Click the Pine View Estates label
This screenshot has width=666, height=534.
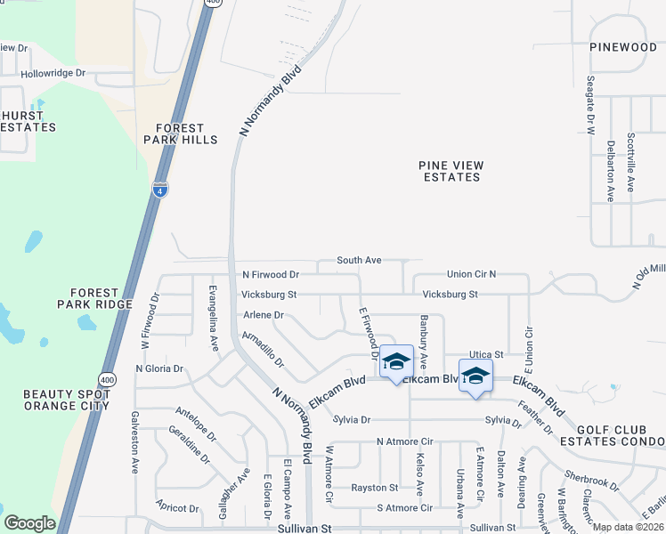451,171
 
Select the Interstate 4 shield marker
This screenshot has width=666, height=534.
159,190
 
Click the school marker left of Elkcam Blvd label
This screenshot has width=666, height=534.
396,361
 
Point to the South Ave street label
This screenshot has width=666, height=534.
359,261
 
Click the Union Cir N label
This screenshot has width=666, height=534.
471,274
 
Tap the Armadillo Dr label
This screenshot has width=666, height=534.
263,349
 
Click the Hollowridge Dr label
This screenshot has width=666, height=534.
53,74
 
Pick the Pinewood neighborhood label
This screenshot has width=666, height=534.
622,46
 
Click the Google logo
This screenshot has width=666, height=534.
29,523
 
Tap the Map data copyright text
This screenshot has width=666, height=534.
628,527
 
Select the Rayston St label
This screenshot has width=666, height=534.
374,488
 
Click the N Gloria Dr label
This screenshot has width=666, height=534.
158,368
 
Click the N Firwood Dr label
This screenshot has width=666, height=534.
270,274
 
